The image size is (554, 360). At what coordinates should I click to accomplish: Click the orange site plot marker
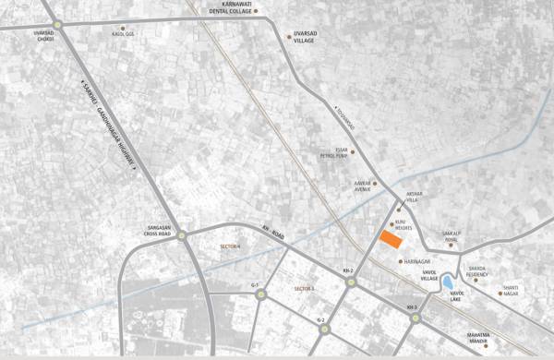coord(391,240)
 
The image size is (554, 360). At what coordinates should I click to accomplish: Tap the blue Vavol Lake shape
coord(446,281)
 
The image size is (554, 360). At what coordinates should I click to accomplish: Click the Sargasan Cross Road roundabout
coord(183,234)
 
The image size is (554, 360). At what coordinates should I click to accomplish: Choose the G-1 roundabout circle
coord(261,296)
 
